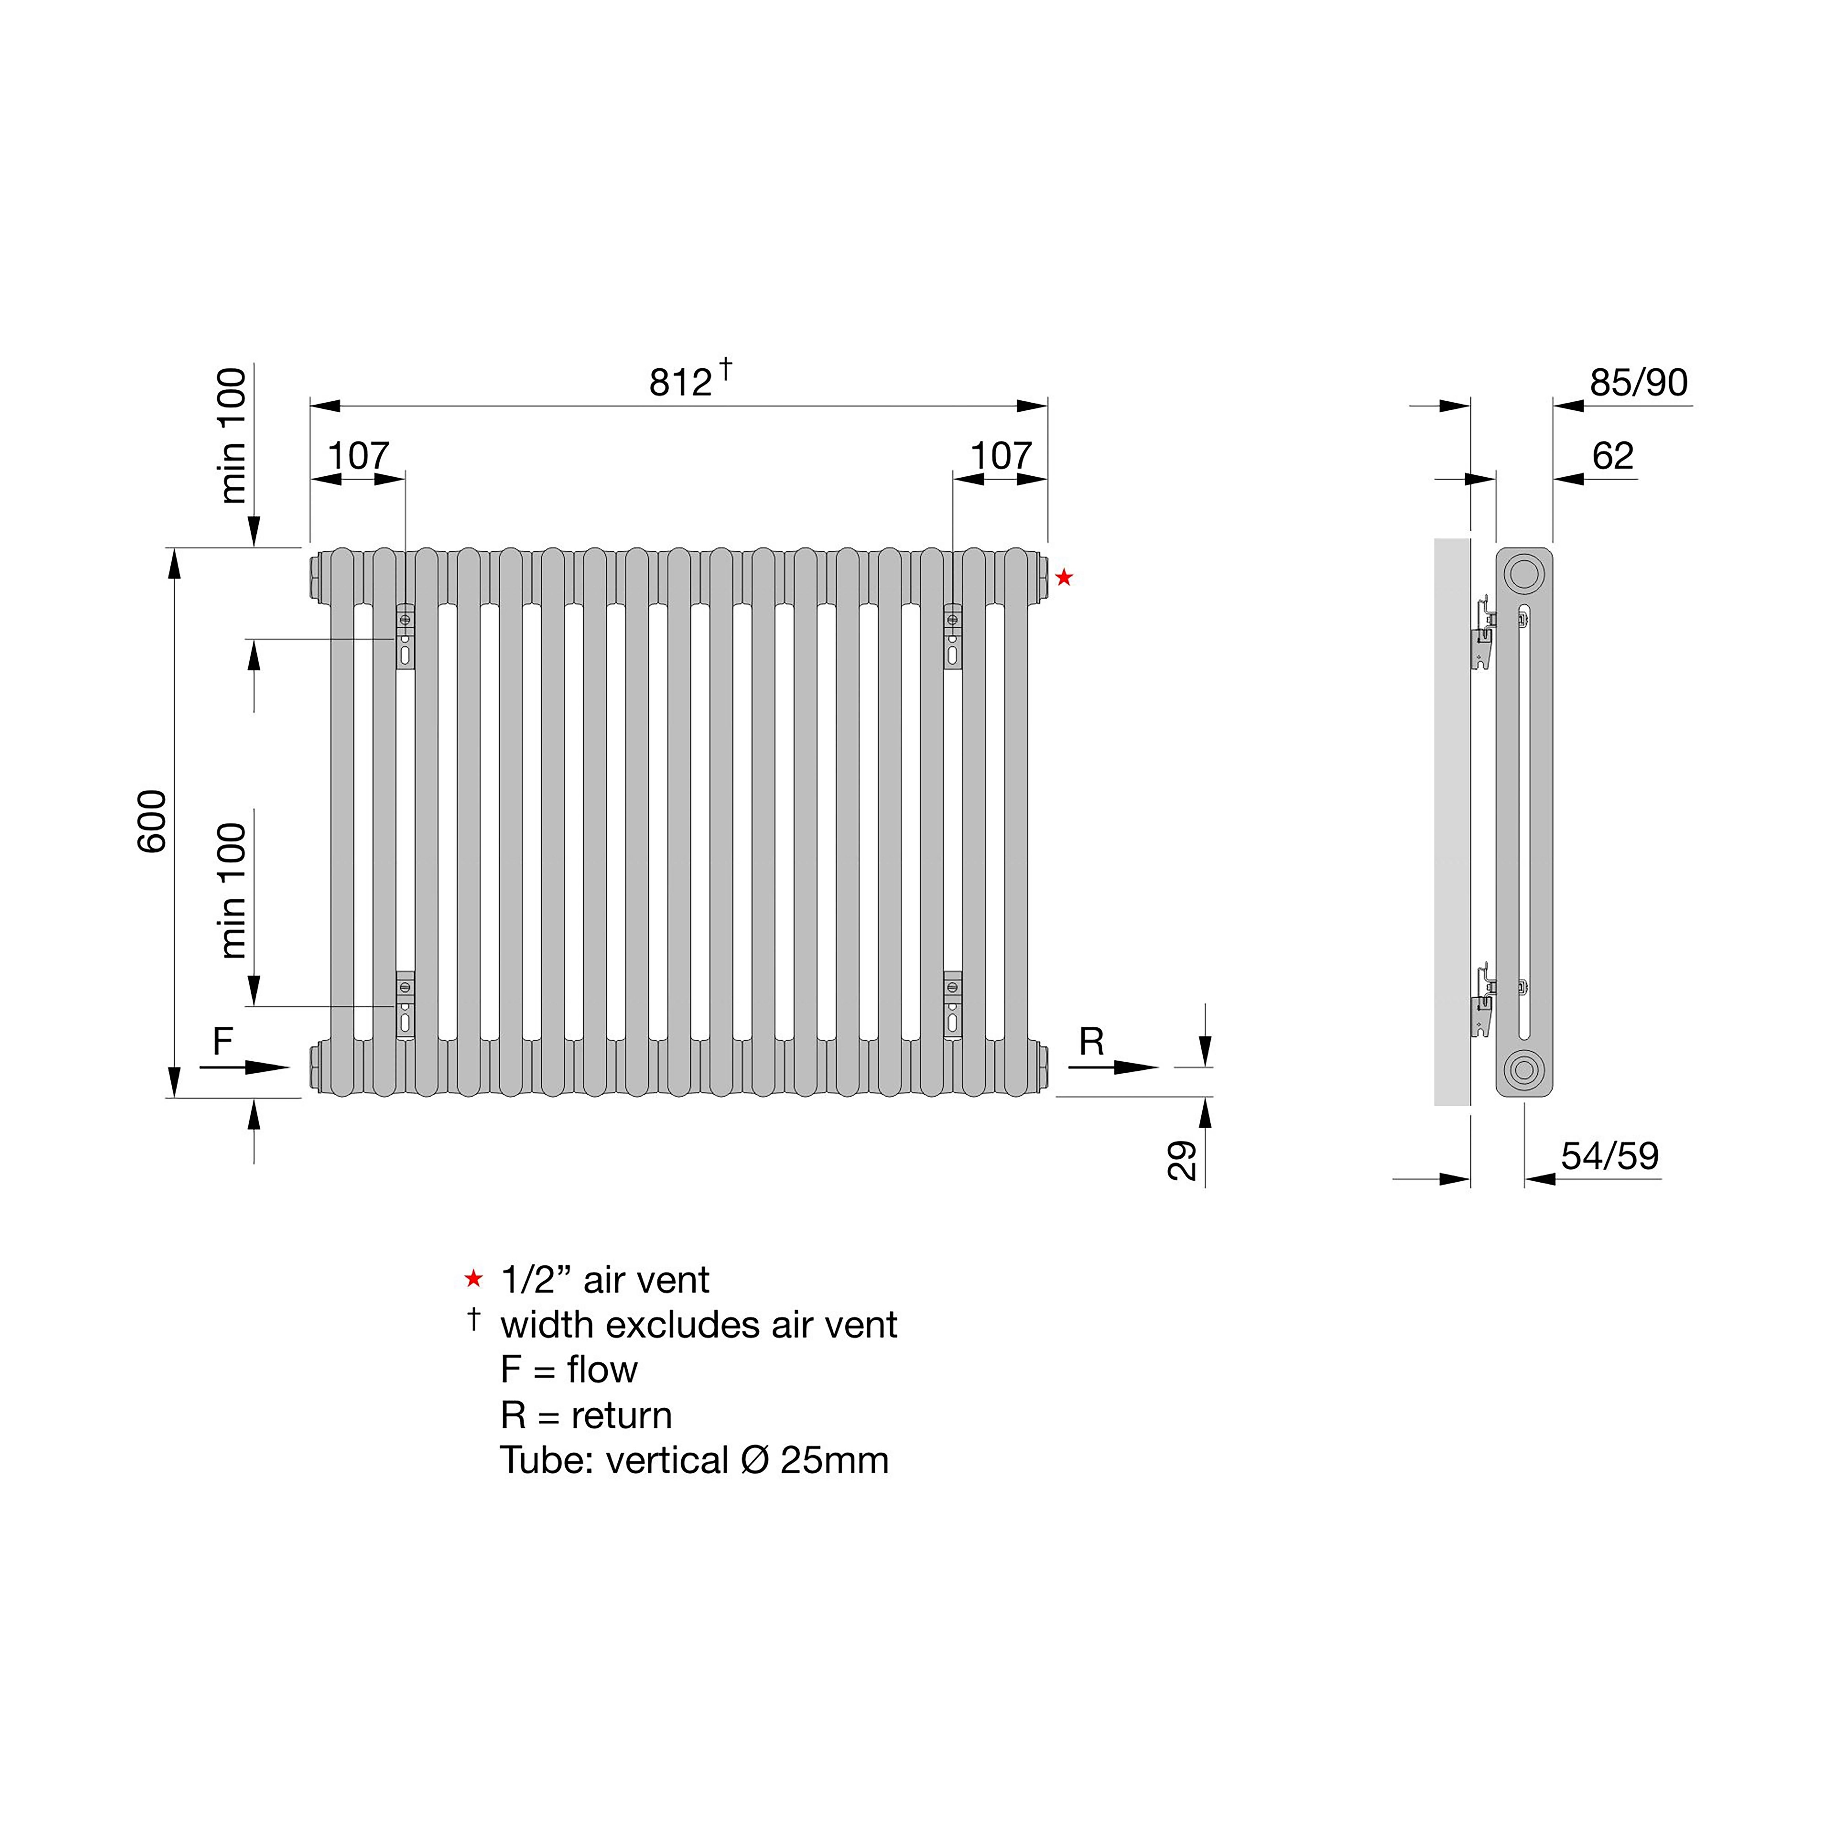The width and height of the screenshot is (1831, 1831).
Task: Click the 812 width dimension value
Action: (680, 382)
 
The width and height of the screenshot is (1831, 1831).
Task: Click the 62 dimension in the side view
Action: (1613, 456)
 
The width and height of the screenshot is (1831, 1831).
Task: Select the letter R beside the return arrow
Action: (1092, 1041)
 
